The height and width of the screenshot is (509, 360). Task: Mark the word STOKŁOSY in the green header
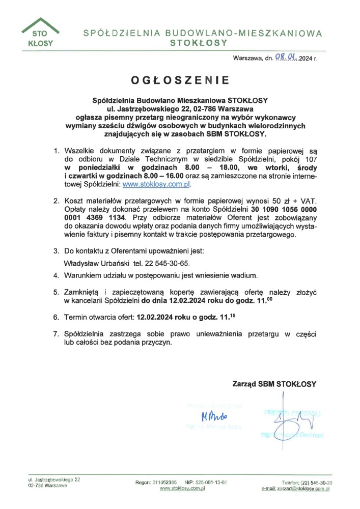click(x=199, y=44)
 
